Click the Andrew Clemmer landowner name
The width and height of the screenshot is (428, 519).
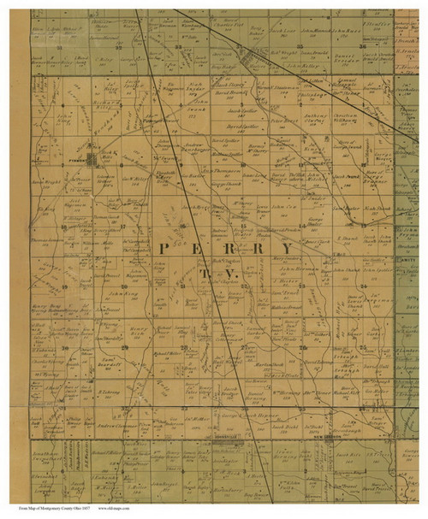pos(116,425)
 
